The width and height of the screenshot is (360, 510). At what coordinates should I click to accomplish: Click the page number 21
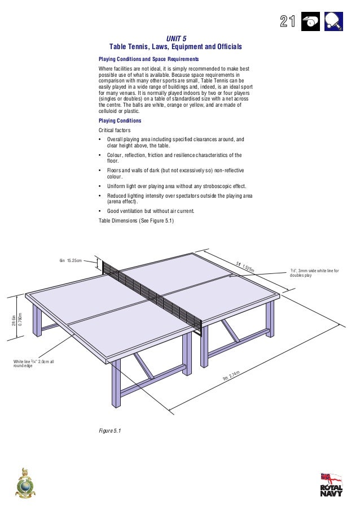(288, 21)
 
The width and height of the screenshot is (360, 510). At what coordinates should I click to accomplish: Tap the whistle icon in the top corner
(311, 21)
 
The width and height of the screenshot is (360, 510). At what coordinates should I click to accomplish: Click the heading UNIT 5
(175, 38)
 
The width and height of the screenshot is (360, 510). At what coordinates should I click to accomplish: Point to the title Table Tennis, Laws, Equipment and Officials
(175, 46)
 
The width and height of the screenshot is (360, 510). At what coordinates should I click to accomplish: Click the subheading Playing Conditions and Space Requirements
(148, 59)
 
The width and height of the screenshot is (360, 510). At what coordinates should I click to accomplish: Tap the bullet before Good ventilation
(100, 211)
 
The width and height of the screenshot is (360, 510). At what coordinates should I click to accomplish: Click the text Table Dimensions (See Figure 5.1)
(136, 221)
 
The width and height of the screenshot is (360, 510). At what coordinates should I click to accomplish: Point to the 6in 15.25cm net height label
(71, 260)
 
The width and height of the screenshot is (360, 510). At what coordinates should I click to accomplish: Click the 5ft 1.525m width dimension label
(245, 267)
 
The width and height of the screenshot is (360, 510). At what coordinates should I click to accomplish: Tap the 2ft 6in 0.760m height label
(16, 319)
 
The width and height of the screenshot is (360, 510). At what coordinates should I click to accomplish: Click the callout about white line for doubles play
(314, 273)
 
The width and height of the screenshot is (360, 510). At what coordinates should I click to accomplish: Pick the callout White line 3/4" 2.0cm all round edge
(34, 363)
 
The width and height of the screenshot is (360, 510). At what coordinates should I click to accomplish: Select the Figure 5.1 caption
(110, 431)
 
